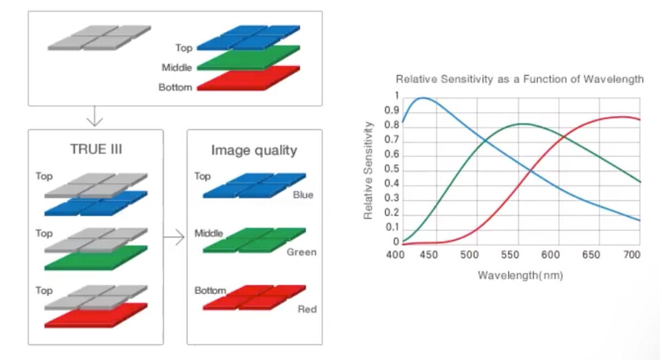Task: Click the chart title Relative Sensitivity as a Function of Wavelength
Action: tap(520, 79)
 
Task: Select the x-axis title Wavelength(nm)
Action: tap(520, 275)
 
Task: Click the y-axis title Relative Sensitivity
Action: tap(369, 170)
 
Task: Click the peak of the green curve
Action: tap(524, 124)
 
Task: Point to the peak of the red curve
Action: tap(623, 117)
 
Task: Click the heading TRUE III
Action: tap(96, 149)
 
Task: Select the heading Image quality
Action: tap(254, 150)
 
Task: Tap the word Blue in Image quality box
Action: tap(302, 195)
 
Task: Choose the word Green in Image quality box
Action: tap(301, 252)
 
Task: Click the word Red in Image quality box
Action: tap(307, 309)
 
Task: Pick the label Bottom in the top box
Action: tap(175, 88)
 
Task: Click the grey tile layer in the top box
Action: tap(100, 37)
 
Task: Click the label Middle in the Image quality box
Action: tap(208, 234)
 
